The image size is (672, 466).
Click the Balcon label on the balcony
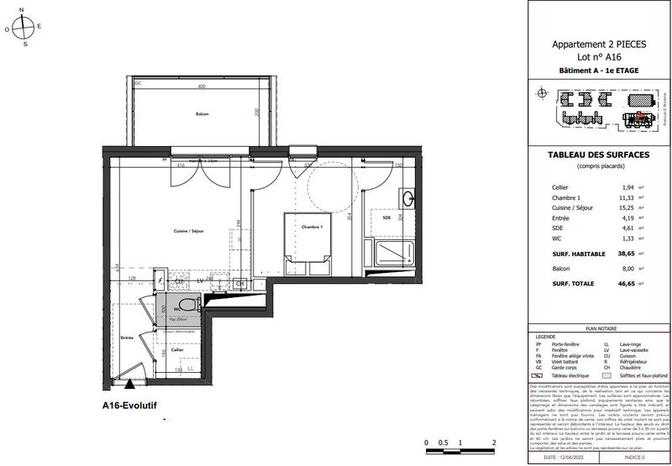coord(202,114)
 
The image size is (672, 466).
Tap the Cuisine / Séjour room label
coord(190,231)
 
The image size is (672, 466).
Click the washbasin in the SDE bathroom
coord(408,200)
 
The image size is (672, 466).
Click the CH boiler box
coord(239,284)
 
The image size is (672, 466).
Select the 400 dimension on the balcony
coord(202,87)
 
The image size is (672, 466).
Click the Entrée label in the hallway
coord(127,337)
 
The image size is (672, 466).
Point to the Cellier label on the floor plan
coord(178,349)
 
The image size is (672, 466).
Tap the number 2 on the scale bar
coord(493,441)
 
